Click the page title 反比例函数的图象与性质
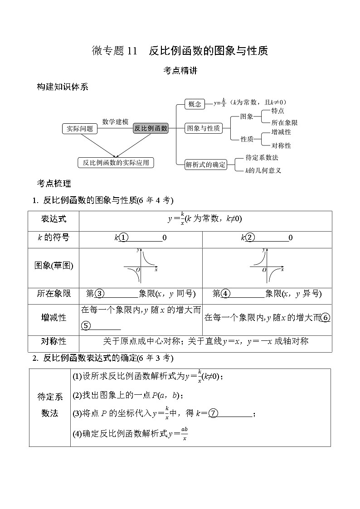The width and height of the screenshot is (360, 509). [209, 51]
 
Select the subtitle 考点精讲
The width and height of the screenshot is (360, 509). [180, 71]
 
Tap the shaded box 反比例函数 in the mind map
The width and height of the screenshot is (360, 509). [151, 128]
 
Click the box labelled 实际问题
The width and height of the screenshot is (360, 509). [80, 129]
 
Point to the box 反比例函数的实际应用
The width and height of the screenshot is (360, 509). [116, 162]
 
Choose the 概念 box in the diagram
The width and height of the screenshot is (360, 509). [195, 104]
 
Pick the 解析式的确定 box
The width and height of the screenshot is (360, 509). [205, 165]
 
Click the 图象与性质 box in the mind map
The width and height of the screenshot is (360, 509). [204, 128]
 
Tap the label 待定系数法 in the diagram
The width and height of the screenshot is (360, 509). [262, 158]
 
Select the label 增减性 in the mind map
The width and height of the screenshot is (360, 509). [281, 132]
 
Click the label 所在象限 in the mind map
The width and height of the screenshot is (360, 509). [284, 122]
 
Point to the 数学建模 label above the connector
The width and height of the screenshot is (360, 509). [115, 121]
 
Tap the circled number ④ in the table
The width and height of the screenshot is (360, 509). [225, 294]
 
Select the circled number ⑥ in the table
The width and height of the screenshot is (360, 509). [325, 317]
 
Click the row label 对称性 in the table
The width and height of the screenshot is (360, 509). [54, 341]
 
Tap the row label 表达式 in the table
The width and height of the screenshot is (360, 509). [54, 219]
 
